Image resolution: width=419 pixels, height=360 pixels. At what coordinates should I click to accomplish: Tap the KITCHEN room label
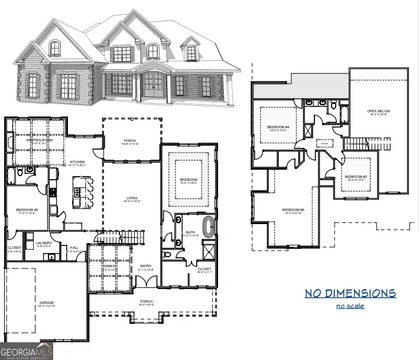[77, 162]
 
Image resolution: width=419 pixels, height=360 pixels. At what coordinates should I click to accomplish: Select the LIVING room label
[132, 198]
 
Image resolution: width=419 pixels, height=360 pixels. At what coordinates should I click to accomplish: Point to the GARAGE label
[47, 302]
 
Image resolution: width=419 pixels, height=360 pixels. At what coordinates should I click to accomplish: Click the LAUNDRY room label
[44, 242]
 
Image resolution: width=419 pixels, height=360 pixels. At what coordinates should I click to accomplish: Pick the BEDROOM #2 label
[27, 210]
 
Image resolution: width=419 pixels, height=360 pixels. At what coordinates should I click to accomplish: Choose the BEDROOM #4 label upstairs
[278, 127]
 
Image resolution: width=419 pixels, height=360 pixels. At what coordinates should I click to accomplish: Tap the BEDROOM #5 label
[293, 210]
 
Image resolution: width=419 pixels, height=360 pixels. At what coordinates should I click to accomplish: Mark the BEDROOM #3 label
[356, 177]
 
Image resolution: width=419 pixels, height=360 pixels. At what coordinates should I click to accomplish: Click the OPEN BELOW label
[379, 111]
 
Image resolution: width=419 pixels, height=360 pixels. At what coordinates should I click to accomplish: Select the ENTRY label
[146, 266]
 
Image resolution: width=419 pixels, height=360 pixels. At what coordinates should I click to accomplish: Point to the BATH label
[190, 232]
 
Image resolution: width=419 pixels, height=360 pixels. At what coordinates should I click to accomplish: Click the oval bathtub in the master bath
[208, 226]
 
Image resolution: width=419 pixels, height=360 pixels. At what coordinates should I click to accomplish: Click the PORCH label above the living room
[129, 140]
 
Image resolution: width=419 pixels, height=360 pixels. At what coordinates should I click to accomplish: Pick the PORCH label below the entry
[147, 301]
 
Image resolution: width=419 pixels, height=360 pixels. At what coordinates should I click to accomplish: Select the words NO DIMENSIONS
[350, 293]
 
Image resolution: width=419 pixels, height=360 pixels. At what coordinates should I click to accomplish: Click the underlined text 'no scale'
[350, 306]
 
